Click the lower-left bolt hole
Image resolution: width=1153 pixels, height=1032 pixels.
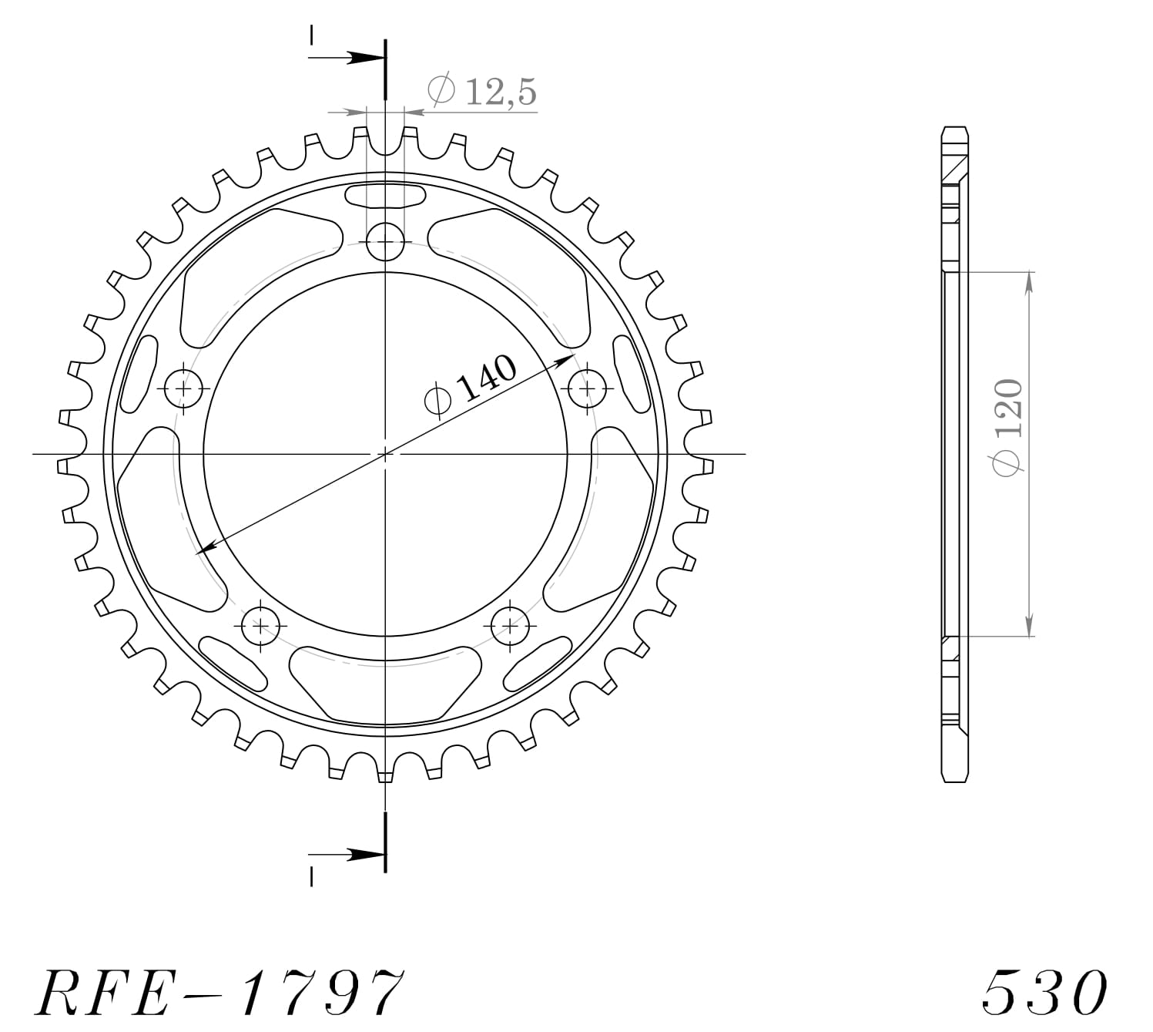[x=262, y=625]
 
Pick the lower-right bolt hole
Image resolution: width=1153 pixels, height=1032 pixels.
[x=510, y=625]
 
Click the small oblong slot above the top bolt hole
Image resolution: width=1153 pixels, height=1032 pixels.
[x=385, y=196]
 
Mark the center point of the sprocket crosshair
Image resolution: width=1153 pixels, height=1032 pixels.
[x=385, y=454]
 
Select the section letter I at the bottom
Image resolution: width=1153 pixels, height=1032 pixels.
[x=311, y=876]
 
